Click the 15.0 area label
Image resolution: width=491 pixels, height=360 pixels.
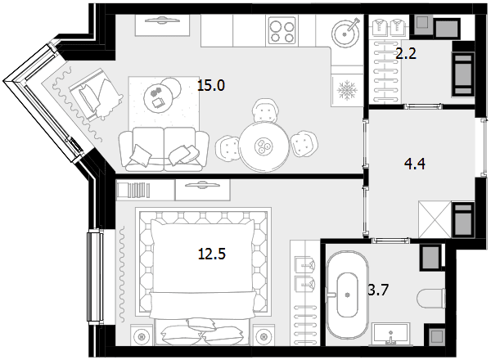point(211,85)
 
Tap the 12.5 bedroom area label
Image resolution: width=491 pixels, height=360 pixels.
point(212,254)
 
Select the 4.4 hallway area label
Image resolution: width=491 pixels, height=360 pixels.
point(415,164)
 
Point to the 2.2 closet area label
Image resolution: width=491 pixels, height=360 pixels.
point(406,53)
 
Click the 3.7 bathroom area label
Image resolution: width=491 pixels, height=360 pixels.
point(378,290)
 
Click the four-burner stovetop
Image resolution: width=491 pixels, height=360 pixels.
point(282,31)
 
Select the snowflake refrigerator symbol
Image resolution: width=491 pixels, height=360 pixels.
point(347,91)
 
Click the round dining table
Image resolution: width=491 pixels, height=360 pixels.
point(264,146)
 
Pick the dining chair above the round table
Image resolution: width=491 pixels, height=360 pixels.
point(265,110)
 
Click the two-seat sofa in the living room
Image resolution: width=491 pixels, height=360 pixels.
point(164,150)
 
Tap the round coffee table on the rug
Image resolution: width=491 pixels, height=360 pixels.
point(159,97)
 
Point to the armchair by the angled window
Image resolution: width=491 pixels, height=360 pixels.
point(94,94)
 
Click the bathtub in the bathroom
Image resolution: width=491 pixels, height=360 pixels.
point(347,295)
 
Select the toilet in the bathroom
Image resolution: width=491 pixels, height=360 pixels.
point(432,299)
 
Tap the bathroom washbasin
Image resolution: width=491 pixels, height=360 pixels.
point(391,335)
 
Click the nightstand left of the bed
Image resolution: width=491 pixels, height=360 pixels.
point(142,335)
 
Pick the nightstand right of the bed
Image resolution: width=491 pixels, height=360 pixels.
point(264,335)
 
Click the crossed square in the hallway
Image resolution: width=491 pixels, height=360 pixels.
point(435,220)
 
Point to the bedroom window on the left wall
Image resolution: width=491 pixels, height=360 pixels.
point(95,277)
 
